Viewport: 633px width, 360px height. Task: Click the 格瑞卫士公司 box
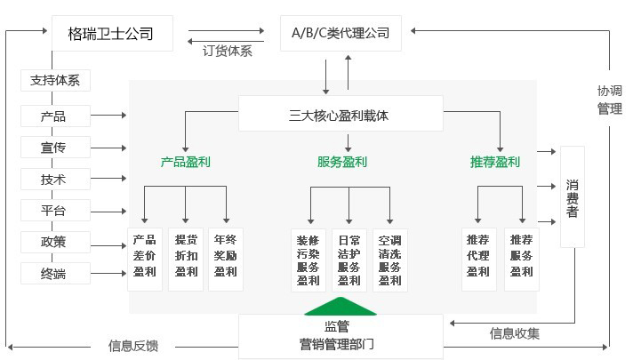(x=112, y=33)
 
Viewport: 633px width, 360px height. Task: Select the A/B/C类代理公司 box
(x=341, y=33)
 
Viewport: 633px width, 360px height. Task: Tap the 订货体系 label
(x=228, y=51)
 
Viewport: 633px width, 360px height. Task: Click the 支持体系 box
(x=55, y=80)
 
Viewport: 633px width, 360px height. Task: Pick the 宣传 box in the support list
(x=55, y=148)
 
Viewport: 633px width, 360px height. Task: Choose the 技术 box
(x=55, y=179)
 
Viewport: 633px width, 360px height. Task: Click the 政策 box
(x=55, y=242)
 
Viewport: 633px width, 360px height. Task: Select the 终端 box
(x=55, y=274)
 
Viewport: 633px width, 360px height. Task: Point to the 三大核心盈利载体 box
(x=341, y=114)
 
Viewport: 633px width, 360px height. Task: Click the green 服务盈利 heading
(x=342, y=162)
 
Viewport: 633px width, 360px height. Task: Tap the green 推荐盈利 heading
(x=495, y=162)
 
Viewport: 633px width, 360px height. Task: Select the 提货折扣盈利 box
(x=186, y=260)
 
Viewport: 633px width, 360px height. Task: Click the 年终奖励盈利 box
(x=226, y=260)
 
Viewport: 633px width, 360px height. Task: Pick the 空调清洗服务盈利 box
(x=390, y=260)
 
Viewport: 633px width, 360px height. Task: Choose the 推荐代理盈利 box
(x=479, y=260)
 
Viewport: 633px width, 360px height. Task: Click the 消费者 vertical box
(x=572, y=196)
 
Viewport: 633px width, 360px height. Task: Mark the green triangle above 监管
(x=341, y=307)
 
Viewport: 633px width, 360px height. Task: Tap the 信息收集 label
(x=515, y=333)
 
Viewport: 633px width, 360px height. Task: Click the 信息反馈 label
(x=133, y=346)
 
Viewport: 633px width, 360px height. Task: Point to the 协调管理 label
(x=610, y=100)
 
